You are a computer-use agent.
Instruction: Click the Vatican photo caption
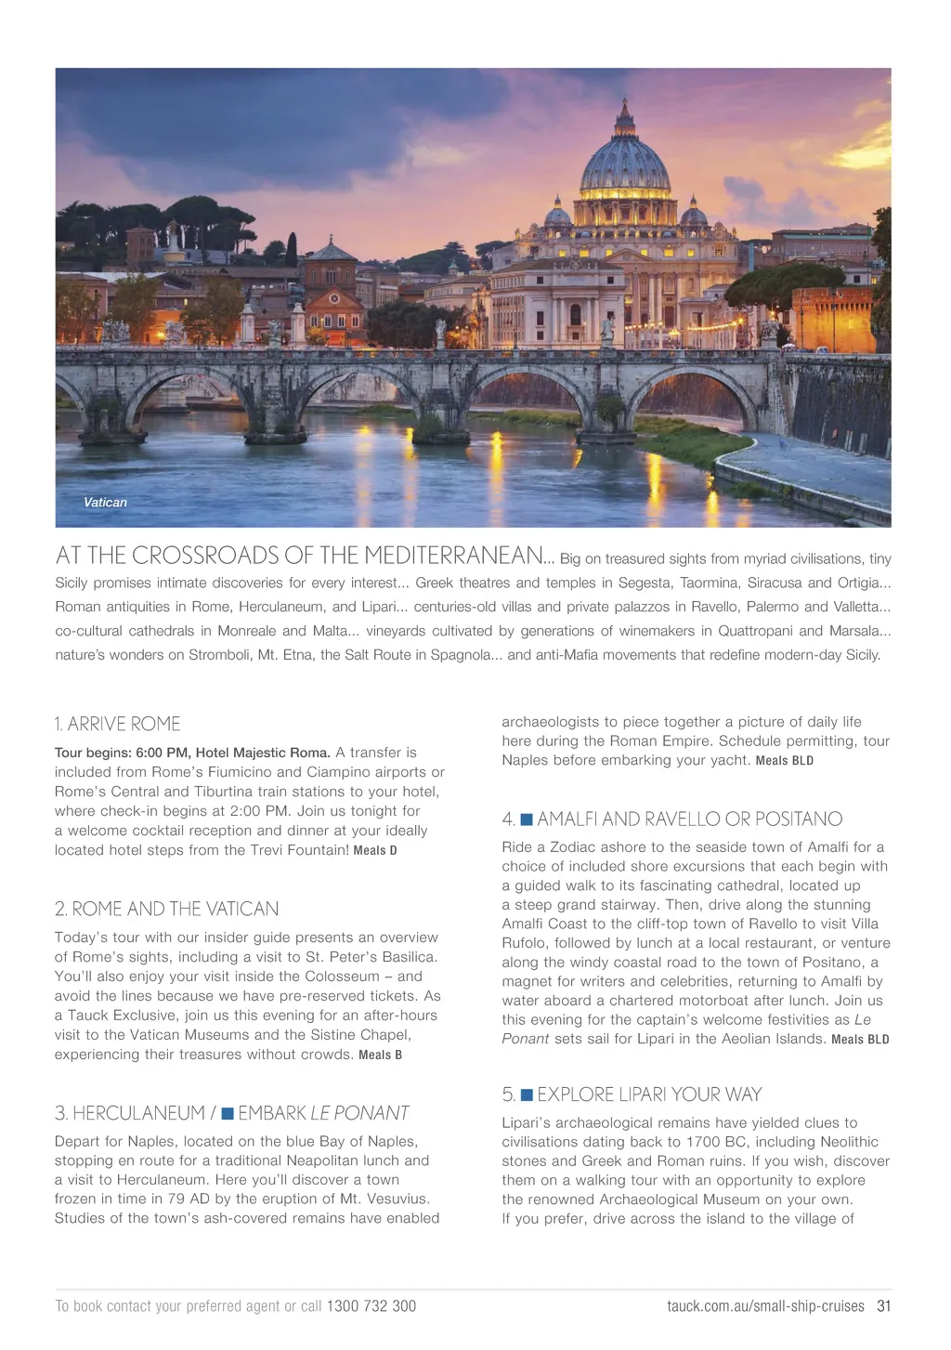[x=105, y=503]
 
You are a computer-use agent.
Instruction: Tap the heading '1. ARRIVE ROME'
[x=117, y=724]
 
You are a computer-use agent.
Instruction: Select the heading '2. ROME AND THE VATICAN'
[x=166, y=909]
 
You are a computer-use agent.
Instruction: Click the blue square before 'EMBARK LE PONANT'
[x=228, y=1113]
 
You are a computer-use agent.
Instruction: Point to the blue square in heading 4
[x=527, y=819]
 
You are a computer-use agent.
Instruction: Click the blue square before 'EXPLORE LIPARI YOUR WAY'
[x=527, y=1094]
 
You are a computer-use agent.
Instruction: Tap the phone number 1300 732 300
[x=371, y=1306]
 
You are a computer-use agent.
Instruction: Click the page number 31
[x=884, y=1306]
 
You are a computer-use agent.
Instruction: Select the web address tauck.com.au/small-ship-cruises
[x=765, y=1306]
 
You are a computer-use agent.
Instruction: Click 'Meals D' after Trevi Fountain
[x=375, y=851]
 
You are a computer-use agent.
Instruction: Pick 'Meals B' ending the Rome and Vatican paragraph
[x=380, y=1055]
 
